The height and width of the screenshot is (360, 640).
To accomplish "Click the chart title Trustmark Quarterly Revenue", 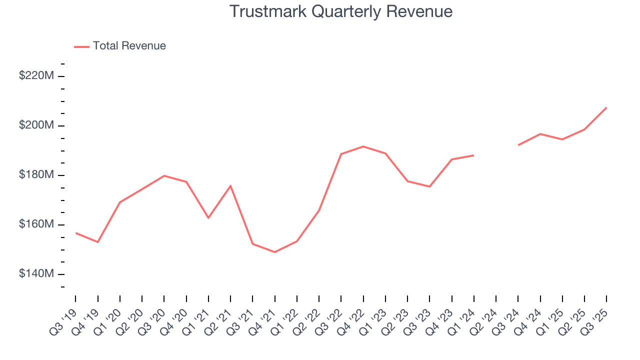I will pos(341,11).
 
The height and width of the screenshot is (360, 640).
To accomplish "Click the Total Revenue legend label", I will pos(129,46).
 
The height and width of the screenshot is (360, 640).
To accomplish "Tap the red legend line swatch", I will pos(81,46).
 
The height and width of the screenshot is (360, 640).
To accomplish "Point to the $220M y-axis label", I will pos(35,76).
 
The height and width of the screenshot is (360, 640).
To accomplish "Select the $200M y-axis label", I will pos(35,125).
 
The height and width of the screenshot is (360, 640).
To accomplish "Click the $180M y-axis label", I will pos(35,175).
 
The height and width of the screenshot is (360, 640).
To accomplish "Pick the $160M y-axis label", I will pos(35,224).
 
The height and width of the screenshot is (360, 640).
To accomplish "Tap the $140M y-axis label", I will pos(35,274).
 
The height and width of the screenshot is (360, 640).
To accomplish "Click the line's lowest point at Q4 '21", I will pos(274,252).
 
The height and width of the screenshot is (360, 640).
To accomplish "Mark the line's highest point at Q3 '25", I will pos(606,107).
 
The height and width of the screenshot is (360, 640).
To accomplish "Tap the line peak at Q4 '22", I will pos(363,146).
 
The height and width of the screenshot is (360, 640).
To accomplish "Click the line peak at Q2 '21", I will pos(230,185).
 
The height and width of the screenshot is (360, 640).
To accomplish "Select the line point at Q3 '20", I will pos(164,175).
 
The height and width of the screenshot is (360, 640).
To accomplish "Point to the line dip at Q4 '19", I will pos(98,242).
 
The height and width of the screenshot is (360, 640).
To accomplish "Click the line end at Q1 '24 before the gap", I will pos(473,155).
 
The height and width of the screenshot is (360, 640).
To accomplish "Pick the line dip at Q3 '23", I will pos(429,186).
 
